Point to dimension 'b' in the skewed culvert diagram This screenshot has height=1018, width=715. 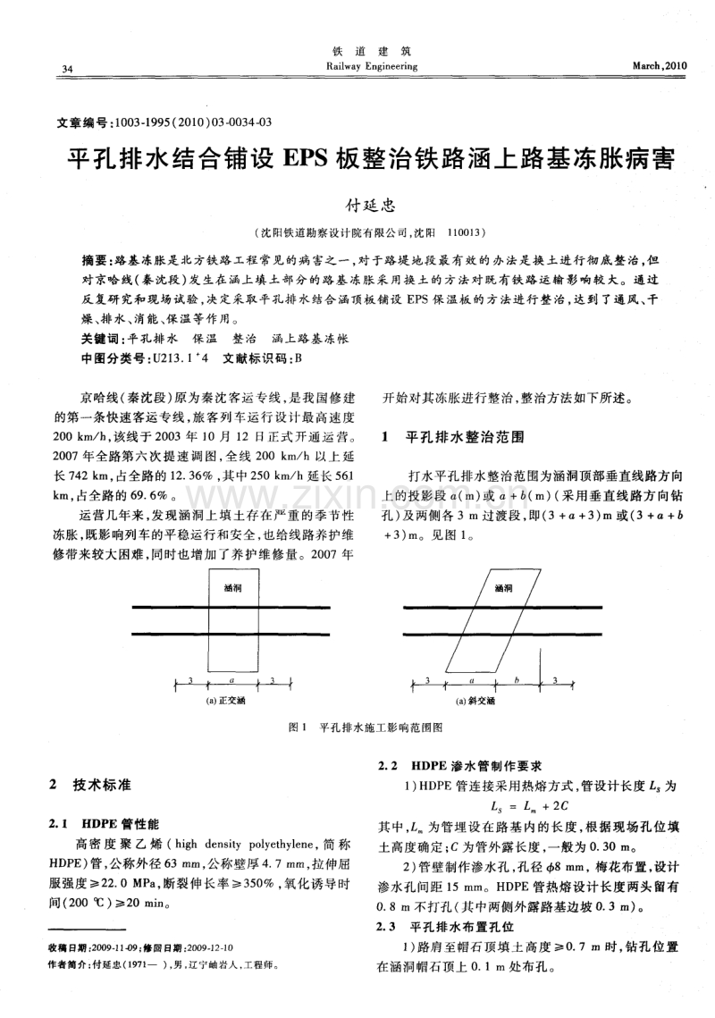pyautogui.click(x=517, y=681)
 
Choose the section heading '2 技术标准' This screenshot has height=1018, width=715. pyautogui.click(x=93, y=785)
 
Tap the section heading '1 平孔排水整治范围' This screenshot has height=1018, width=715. pyautogui.click(x=452, y=438)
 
